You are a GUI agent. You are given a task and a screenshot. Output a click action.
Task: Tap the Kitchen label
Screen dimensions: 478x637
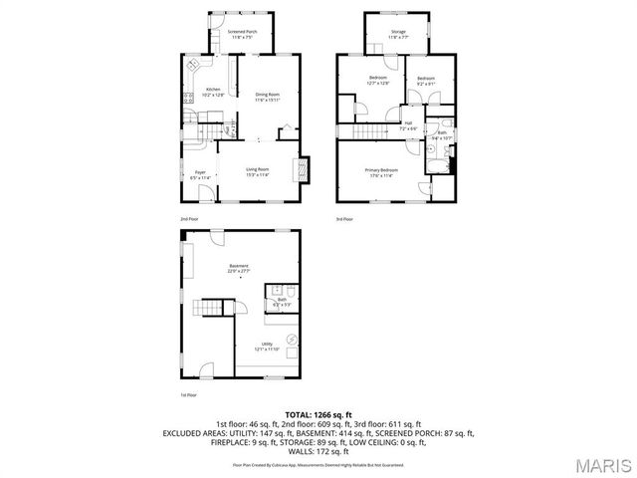pyautogui.click(x=214, y=92)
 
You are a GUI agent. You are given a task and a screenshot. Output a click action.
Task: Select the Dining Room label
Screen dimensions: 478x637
pyautogui.click(x=267, y=98)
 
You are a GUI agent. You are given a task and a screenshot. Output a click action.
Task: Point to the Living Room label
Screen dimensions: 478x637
pyautogui.click(x=259, y=171)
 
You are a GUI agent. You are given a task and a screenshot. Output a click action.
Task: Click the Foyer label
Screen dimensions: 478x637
pyautogui.click(x=199, y=175)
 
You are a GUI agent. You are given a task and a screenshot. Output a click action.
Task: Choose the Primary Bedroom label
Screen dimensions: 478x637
pyautogui.click(x=382, y=173)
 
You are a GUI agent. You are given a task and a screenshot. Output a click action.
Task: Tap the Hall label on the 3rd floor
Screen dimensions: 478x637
pyautogui.click(x=408, y=125)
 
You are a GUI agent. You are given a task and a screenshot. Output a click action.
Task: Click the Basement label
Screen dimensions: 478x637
pyautogui.click(x=239, y=268)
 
